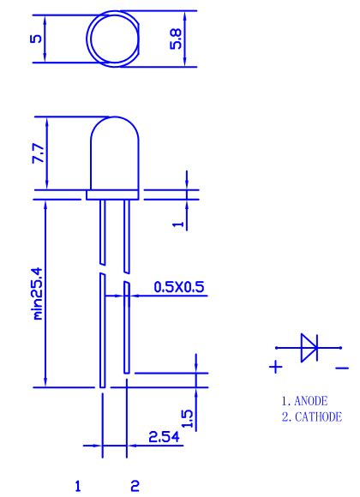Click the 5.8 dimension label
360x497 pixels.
(x=177, y=39)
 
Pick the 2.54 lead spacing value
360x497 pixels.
(x=164, y=436)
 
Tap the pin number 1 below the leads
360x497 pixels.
(x=79, y=486)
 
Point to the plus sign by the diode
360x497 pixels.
(x=275, y=368)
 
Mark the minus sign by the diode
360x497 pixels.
(x=342, y=368)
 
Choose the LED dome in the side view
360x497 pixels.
(x=112, y=154)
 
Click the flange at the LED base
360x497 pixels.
(x=112, y=195)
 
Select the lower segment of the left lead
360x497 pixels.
(x=101, y=330)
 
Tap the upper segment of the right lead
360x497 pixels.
(x=126, y=231)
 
